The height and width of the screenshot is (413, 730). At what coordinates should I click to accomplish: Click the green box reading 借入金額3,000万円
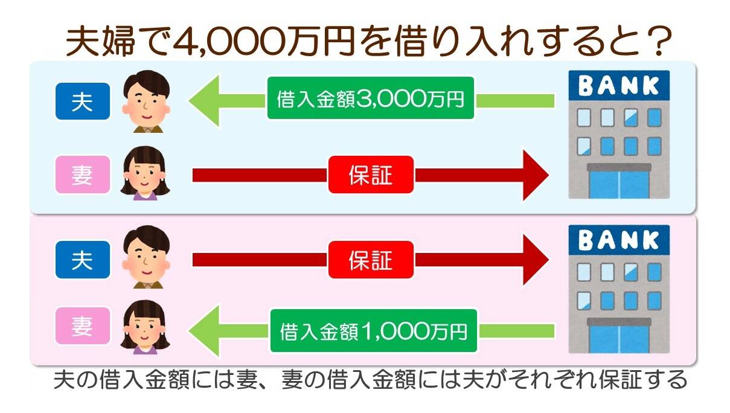(371, 98)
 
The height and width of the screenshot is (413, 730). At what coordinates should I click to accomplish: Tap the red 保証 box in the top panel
(371, 174)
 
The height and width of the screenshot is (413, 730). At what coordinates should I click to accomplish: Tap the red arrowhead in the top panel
(535, 175)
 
